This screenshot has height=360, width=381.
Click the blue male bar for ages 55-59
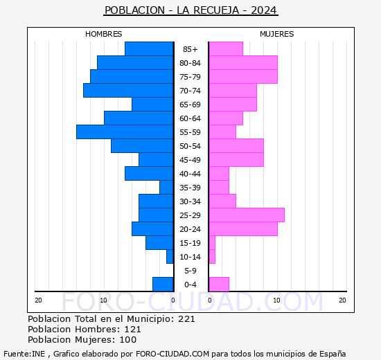[125, 132]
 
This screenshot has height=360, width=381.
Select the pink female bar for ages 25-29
[246, 215]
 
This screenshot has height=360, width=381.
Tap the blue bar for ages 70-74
[128, 91]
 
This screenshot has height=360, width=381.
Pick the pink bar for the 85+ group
[225, 49]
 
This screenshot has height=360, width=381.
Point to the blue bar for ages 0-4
[163, 285]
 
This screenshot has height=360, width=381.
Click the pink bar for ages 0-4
[218, 285]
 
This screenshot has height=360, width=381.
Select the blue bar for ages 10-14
[170, 257]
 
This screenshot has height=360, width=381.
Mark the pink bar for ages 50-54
[236, 146]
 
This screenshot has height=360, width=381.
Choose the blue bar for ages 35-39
[166, 188]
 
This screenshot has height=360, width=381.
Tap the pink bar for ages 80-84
[242, 63]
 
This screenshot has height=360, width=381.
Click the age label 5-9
[190, 271]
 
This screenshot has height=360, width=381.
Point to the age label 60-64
[190, 118]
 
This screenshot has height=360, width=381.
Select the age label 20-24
[190, 229]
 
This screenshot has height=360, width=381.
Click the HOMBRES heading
[104, 34]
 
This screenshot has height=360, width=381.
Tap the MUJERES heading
[277, 34]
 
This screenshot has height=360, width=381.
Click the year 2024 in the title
[265, 10]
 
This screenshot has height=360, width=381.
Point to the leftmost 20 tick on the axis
[39, 300]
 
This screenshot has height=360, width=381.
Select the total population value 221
[186, 319]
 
